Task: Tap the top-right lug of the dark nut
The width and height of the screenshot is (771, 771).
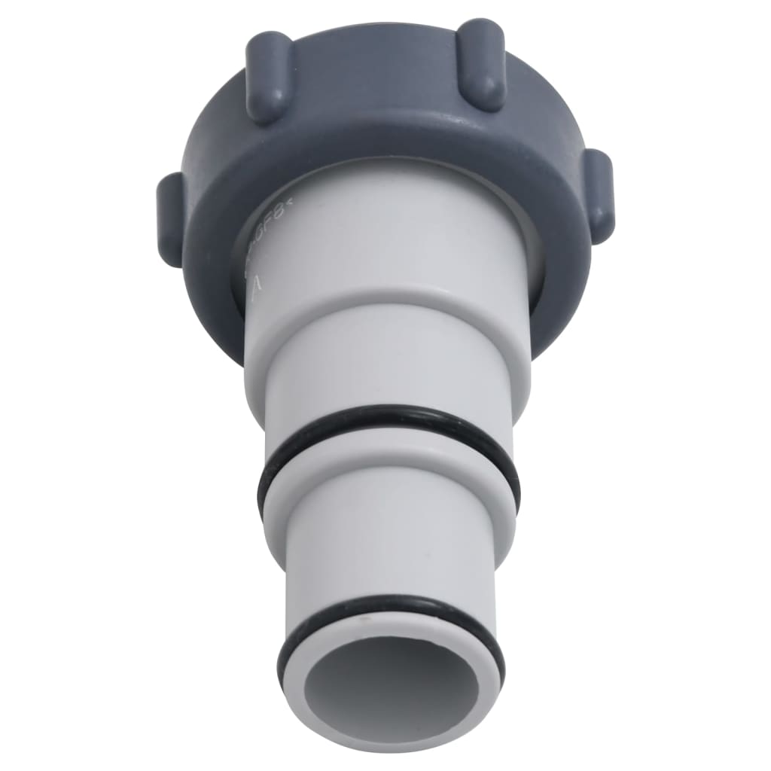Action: click(x=482, y=65)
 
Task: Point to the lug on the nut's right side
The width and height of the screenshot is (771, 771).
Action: click(x=600, y=194)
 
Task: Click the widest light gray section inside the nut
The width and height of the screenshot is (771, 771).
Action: click(x=392, y=226)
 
